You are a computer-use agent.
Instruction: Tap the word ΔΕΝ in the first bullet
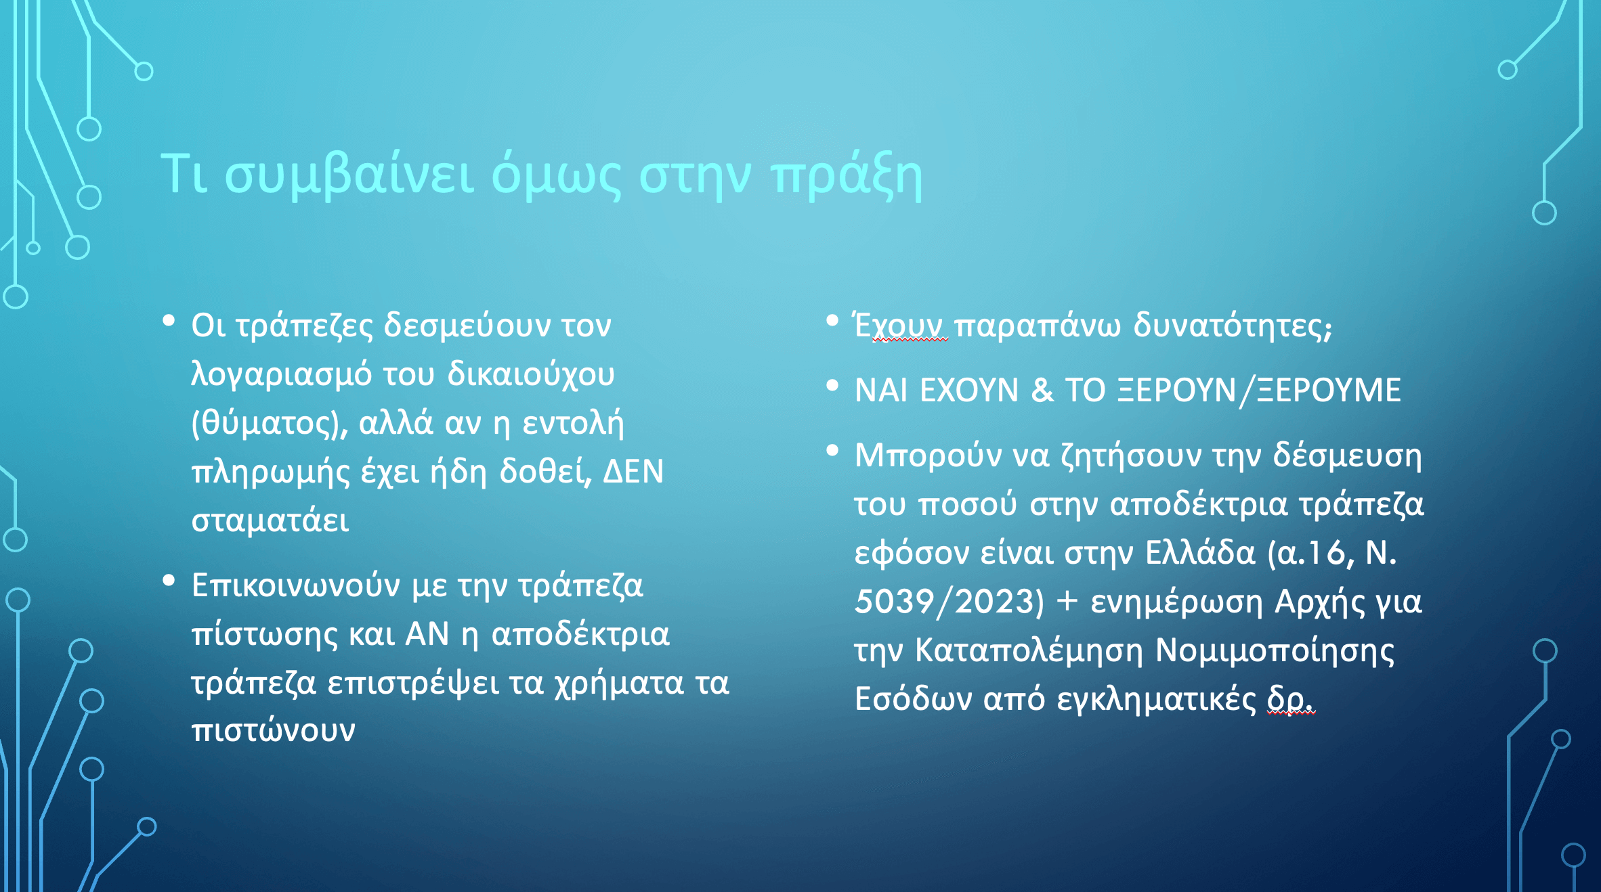point(633,472)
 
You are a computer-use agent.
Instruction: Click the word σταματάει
point(270,520)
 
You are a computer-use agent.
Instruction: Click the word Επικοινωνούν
point(296,585)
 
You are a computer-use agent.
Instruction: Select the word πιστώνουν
point(273,731)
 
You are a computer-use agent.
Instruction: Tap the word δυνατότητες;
point(1233,325)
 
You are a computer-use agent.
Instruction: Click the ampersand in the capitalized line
point(1042,391)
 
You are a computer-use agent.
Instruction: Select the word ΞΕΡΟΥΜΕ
point(1329,391)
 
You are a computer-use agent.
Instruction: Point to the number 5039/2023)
point(949,602)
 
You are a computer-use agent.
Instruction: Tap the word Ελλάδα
point(1200,553)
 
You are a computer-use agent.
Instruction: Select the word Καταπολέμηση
point(1029,650)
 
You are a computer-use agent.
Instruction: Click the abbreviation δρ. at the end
point(1291,700)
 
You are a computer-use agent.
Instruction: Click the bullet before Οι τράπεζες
point(169,321)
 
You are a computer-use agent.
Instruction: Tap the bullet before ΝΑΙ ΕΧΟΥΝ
point(832,386)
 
